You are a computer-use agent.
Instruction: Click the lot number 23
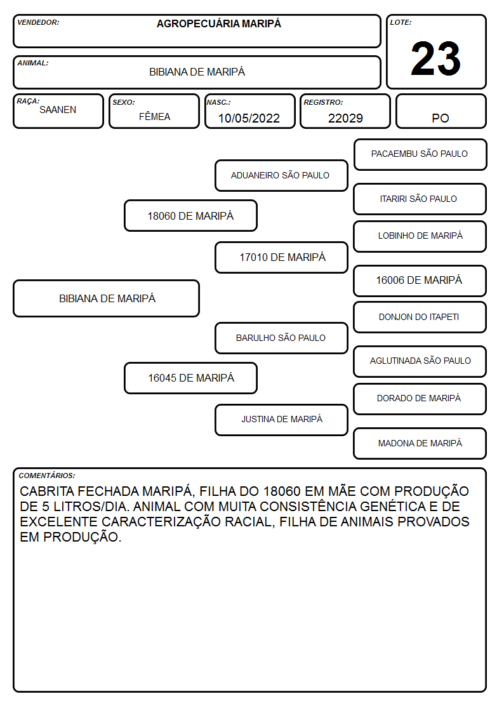(x=435, y=58)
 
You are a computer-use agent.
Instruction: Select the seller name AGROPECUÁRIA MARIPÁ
(x=218, y=23)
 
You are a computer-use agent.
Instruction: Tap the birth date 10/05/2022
(x=249, y=118)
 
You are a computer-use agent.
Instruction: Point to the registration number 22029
(x=345, y=118)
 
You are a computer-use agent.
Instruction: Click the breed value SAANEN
(x=58, y=110)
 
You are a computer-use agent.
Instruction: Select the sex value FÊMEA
(x=154, y=116)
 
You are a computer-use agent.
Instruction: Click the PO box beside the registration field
(x=441, y=111)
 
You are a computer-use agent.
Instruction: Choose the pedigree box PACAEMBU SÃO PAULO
(x=420, y=155)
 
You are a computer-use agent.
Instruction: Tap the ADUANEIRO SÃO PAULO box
(x=281, y=175)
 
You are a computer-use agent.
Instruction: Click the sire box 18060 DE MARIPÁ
(x=190, y=215)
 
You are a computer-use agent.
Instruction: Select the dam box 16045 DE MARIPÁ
(x=190, y=378)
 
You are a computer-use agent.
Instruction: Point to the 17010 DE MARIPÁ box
(x=281, y=257)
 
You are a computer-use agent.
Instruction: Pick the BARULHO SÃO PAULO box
(x=281, y=338)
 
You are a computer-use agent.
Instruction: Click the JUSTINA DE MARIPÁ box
(x=281, y=420)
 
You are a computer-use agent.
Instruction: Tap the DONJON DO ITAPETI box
(x=420, y=317)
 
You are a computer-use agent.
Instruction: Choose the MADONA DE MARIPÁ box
(x=420, y=443)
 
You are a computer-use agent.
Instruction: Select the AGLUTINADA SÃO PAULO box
(x=420, y=361)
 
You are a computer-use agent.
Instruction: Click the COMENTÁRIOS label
(x=47, y=476)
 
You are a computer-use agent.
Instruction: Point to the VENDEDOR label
(x=38, y=22)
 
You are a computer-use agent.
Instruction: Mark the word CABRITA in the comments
(x=47, y=491)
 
